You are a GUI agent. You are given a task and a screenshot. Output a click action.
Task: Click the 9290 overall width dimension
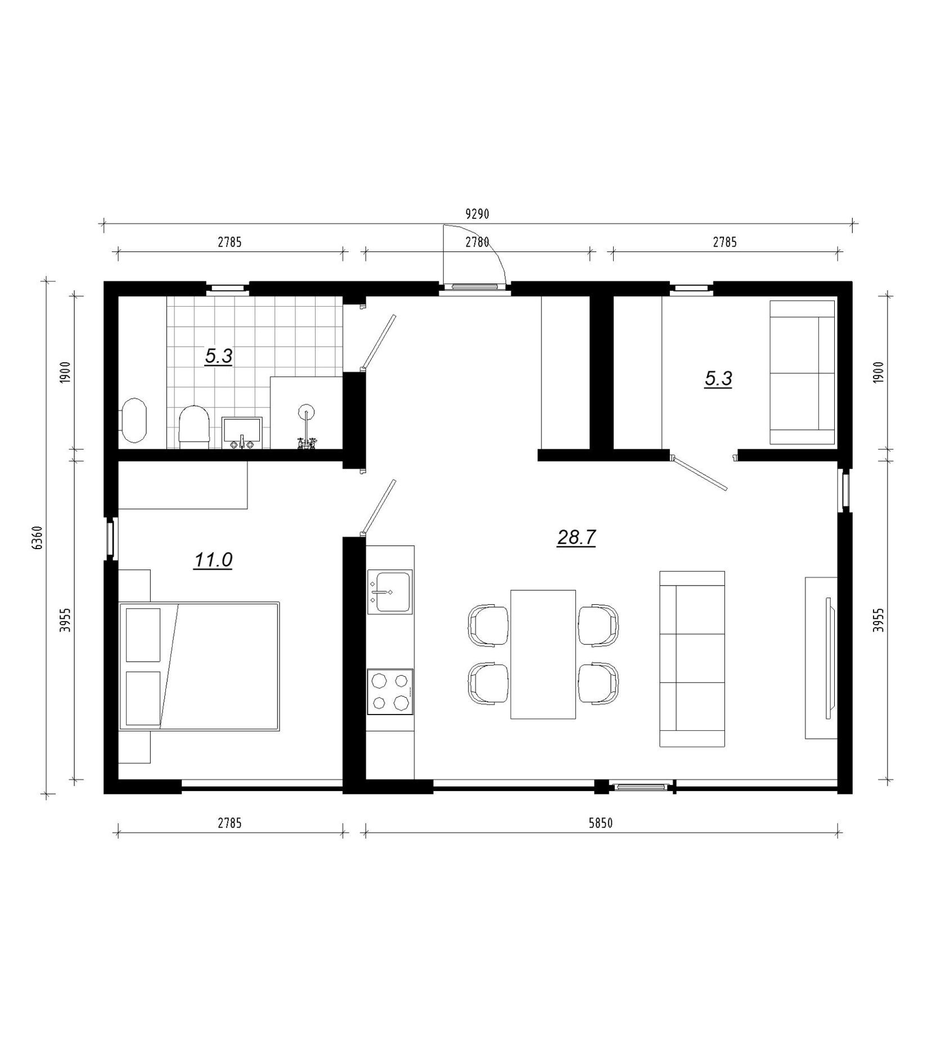pos(478,214)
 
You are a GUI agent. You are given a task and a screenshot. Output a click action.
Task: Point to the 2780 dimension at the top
pos(478,242)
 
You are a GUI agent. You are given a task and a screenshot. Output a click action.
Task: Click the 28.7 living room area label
pos(577,538)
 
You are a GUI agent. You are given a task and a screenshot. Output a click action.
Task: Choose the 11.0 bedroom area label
pos(213,560)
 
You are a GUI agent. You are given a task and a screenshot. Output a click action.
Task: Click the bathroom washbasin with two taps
pos(242,433)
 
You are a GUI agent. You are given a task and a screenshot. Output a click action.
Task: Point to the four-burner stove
pos(390,691)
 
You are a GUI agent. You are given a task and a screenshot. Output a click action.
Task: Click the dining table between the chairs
pos(543,654)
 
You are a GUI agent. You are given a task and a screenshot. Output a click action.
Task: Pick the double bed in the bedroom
pos(199,666)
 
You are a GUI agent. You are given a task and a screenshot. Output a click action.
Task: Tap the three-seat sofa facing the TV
pos(692,659)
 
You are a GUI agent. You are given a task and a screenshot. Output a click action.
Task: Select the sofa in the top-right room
pos(802,373)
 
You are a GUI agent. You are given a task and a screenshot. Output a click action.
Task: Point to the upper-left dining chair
pos(488,625)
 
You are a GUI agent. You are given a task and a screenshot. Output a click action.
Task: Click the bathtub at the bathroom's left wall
pos(134,420)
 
